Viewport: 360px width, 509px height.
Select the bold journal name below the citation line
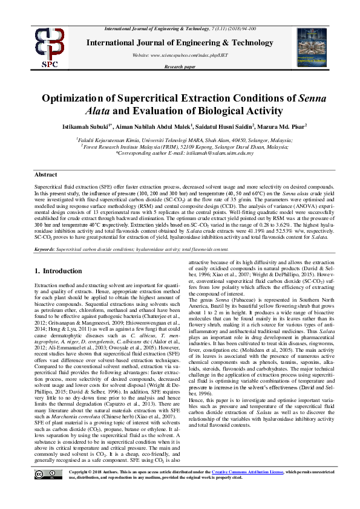[180, 43]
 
